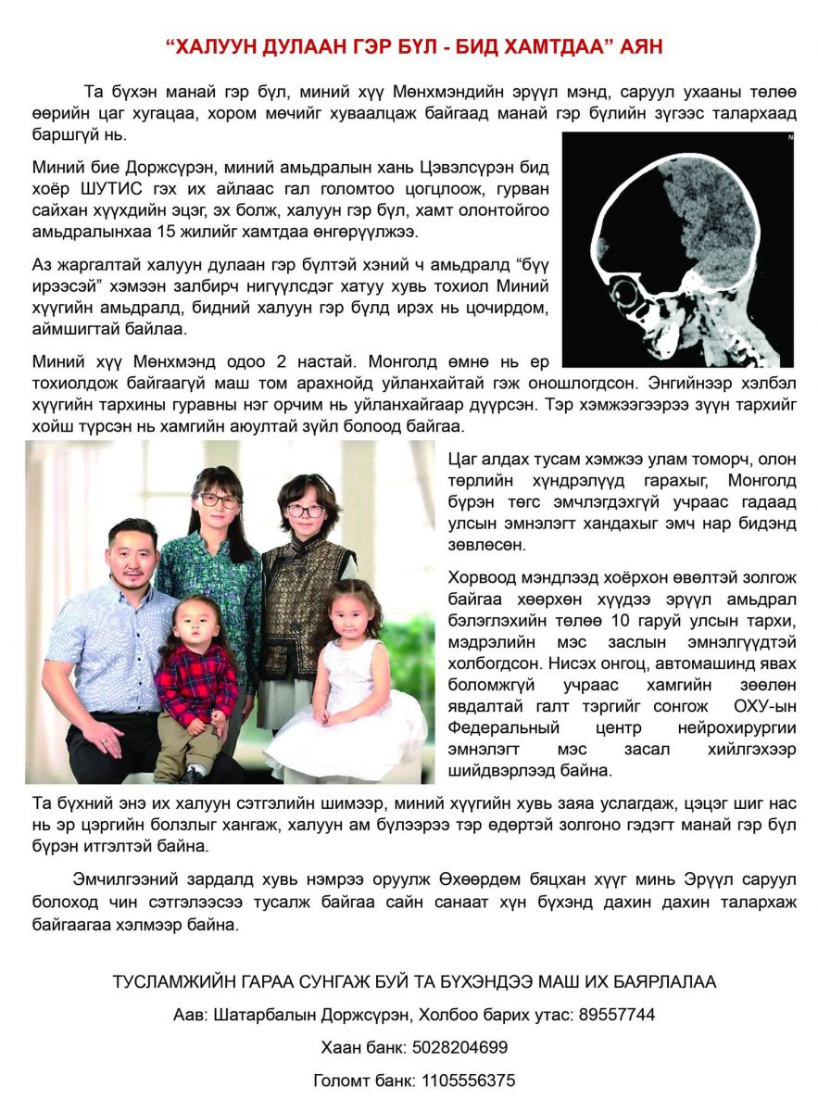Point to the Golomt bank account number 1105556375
[x=469, y=1080]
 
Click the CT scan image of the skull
[x=677, y=248]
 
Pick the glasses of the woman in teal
[x=220, y=500]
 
